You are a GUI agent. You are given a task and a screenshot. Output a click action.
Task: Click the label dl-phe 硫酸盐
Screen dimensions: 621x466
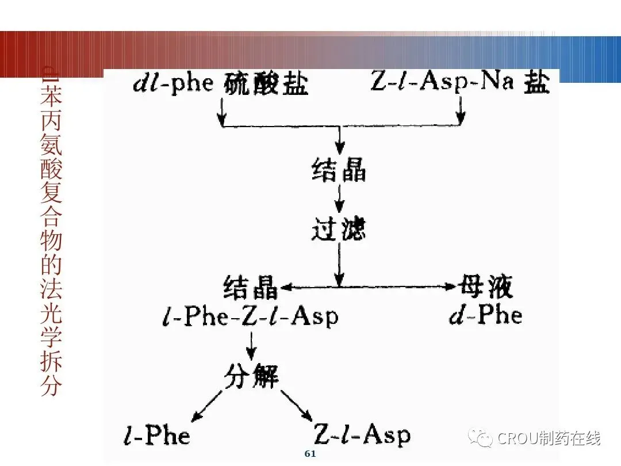[x=221, y=84]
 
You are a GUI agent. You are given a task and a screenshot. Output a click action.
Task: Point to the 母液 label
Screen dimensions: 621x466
[x=486, y=286]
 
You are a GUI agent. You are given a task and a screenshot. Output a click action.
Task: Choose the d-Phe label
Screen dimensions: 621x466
[x=486, y=315]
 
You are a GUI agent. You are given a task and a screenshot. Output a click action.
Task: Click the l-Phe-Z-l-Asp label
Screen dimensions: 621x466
[x=250, y=316]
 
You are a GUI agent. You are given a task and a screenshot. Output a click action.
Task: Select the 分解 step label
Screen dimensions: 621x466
[x=251, y=376]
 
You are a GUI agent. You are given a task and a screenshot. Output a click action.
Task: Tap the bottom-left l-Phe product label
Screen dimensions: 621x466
[x=157, y=436]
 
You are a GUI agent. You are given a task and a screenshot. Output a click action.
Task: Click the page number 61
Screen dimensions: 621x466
[x=310, y=454]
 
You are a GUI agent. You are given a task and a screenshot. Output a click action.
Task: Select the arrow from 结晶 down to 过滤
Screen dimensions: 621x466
[x=339, y=200]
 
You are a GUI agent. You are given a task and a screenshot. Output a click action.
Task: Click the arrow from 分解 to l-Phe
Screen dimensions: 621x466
[x=207, y=404]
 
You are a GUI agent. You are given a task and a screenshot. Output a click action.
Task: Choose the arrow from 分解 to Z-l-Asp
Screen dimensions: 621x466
[x=297, y=405]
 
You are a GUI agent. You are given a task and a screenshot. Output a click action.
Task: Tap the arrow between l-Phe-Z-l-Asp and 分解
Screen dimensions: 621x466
[x=251, y=345]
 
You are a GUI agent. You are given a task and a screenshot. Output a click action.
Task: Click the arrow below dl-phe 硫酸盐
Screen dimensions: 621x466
[x=222, y=112]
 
